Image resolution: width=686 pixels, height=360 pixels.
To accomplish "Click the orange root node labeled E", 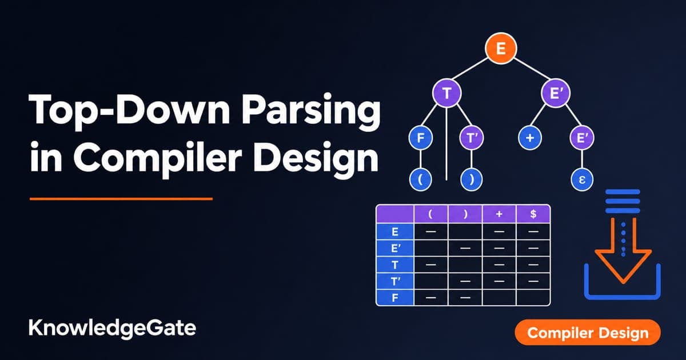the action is pos(501,49).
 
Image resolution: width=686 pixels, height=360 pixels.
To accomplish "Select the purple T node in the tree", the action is pos(446,93).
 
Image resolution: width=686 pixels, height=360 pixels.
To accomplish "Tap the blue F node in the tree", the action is pos(421,138).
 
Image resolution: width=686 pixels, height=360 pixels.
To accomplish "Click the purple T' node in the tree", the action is pos(471,138).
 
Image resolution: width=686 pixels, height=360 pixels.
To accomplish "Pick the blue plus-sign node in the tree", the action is pos(530,138).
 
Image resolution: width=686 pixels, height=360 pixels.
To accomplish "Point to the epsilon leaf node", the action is pos(582,179).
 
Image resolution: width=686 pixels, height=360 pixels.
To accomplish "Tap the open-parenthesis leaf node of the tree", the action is pos(421,179).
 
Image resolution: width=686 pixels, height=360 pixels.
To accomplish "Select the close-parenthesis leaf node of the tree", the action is pos(471,179).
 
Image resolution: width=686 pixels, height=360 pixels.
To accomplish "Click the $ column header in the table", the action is pos(533,214).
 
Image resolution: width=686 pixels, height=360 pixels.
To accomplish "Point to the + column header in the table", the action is pos(499,214).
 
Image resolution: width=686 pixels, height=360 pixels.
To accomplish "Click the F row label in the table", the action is pos(395,298).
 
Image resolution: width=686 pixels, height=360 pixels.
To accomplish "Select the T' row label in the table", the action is pos(395,281).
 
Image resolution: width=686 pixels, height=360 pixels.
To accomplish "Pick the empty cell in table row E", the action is pos(465,231).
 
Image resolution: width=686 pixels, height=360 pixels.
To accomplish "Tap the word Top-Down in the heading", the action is pos(129,110).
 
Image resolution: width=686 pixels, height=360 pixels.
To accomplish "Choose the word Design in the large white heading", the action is pos(316,159).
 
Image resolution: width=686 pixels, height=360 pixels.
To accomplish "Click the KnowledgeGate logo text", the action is pos(112,329).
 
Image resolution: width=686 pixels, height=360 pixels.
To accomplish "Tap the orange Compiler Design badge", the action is pos(588,333).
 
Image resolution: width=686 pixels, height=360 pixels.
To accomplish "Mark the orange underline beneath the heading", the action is pos(121,199).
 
